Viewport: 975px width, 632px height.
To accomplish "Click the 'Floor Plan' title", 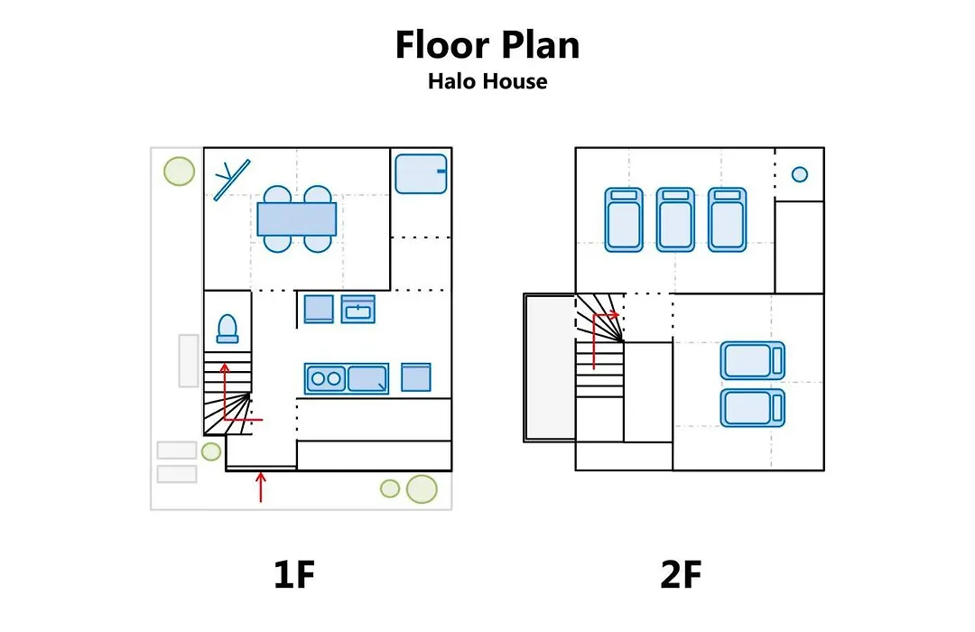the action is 487,45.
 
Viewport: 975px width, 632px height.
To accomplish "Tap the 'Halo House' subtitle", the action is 487,81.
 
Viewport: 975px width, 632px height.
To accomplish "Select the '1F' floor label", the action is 294,574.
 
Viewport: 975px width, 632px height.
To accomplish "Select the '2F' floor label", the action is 681,574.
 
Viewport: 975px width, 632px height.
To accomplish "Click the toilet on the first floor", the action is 227,329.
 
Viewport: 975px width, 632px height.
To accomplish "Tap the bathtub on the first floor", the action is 421,173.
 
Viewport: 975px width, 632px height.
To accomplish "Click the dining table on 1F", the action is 297,219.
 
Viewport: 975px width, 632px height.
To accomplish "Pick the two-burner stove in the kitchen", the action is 326,378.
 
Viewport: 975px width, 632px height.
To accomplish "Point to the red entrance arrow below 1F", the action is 261,487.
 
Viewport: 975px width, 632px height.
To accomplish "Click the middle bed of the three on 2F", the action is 675,219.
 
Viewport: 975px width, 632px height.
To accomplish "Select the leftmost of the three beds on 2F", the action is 624,219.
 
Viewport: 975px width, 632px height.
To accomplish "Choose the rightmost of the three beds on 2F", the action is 727,219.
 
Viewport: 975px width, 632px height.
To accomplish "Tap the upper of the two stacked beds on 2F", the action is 752,360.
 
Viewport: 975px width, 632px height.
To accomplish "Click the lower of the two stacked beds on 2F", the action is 752,408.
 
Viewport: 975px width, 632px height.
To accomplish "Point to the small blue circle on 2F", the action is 800,174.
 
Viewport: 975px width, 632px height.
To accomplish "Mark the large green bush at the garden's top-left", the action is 179,171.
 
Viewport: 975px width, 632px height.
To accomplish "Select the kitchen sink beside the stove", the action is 367,378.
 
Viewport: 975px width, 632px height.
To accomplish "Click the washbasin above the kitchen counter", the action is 358,309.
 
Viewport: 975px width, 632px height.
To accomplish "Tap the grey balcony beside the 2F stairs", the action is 550,367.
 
